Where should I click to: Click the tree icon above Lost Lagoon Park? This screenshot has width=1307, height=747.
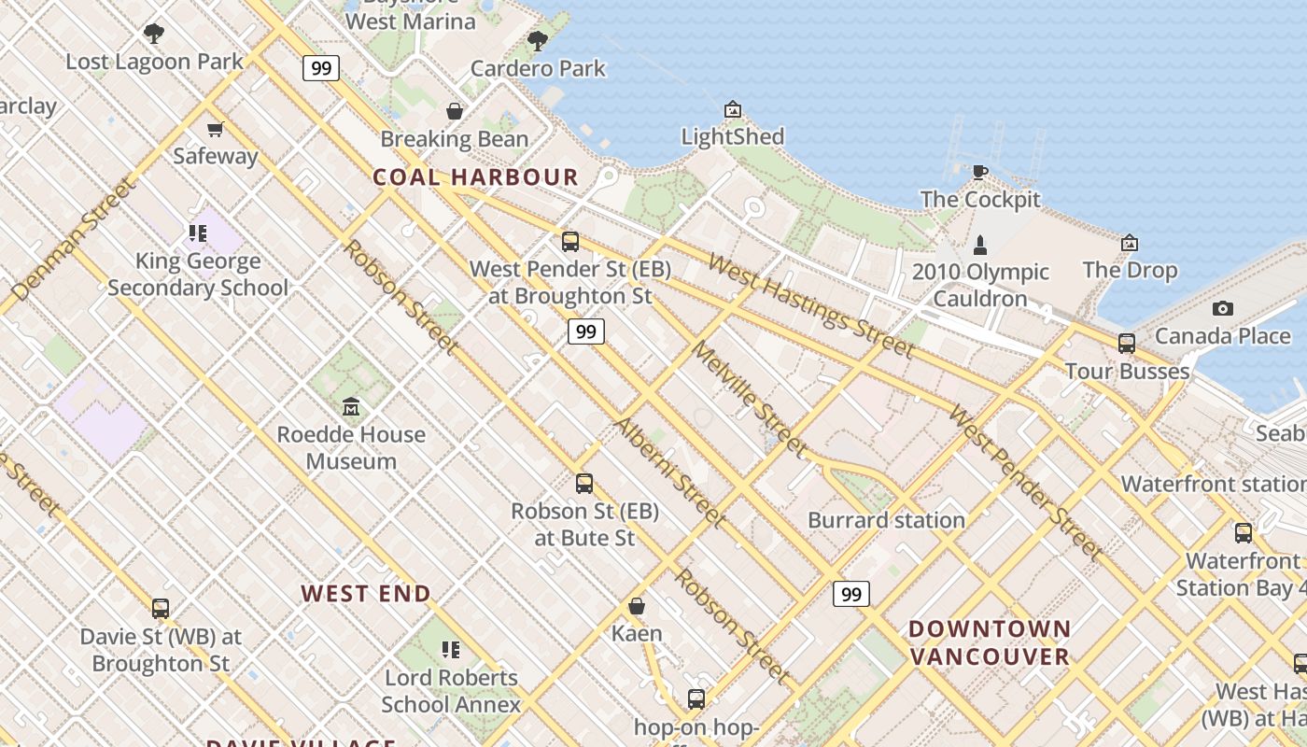(x=154, y=34)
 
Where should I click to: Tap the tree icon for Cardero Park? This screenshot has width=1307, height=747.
(x=538, y=40)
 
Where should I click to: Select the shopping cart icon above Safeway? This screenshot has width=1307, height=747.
(x=216, y=129)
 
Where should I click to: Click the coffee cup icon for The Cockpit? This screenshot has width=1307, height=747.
(x=979, y=172)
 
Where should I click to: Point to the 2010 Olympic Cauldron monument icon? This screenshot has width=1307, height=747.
(x=980, y=246)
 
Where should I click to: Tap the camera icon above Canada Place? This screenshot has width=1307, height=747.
(x=1222, y=308)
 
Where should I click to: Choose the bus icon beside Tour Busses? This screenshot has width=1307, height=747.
(x=1127, y=344)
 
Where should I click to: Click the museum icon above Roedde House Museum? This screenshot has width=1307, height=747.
(x=351, y=407)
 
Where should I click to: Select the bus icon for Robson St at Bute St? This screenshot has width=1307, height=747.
(x=584, y=484)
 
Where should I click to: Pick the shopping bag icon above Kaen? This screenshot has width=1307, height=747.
(x=637, y=606)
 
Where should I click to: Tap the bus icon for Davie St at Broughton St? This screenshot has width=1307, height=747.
(x=161, y=609)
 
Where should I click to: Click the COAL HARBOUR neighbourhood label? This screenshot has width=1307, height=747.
(x=475, y=176)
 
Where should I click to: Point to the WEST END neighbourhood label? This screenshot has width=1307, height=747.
(x=366, y=593)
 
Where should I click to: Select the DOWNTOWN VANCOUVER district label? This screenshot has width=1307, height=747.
(x=990, y=642)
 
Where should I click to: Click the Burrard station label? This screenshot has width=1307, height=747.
(x=886, y=520)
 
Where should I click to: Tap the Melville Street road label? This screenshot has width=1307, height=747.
(x=750, y=399)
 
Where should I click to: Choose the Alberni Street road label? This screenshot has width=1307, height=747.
(x=669, y=472)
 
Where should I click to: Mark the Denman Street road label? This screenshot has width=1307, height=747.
(x=72, y=241)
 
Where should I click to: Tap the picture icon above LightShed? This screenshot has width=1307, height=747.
(x=733, y=110)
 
